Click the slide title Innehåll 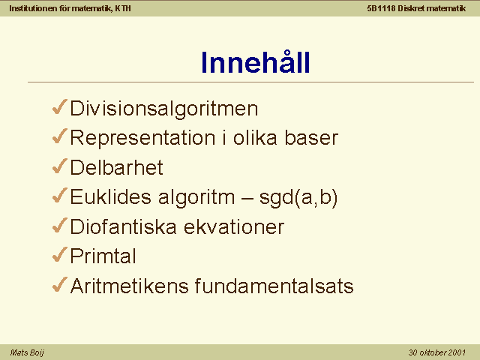[x=255, y=61]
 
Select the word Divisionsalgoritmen [x=164, y=109]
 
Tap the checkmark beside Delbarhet [x=60, y=166]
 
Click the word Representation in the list [x=143, y=138]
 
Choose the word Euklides [x=110, y=196]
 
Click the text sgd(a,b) [x=298, y=197]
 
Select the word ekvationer [x=234, y=226]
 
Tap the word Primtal [x=103, y=256]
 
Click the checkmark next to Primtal [x=60, y=255]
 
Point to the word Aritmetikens [x=129, y=286]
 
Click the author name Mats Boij [x=27, y=352]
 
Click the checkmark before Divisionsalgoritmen [x=60, y=106]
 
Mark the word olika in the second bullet [x=255, y=137]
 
